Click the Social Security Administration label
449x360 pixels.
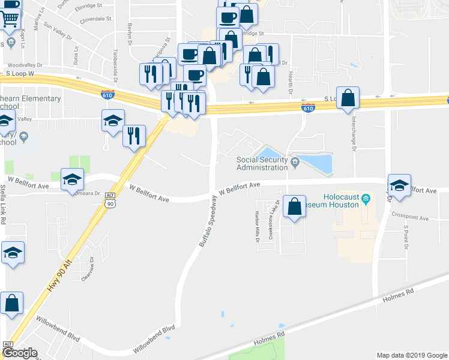pos(262,163)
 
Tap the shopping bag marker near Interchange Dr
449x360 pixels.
pos(348,98)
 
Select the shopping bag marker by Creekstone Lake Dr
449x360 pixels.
pos(295,208)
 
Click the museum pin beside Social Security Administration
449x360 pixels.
pos(295,161)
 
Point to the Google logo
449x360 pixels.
pos(19,353)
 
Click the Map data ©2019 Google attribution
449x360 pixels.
pos(411,355)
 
